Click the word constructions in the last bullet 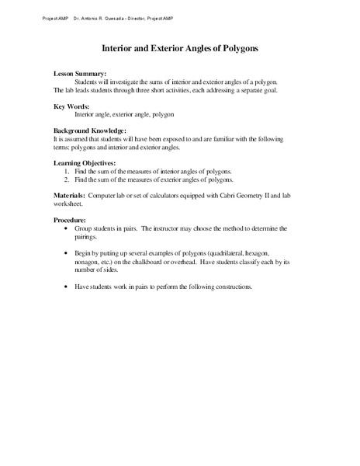(233, 287)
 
